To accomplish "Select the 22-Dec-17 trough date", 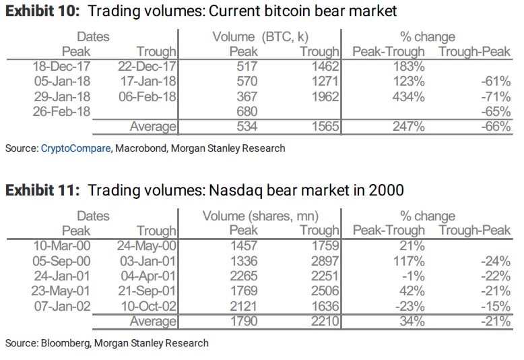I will pos(147,67).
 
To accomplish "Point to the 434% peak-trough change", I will pos(410,96).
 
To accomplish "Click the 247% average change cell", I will pos(410,125).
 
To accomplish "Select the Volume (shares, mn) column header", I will pos(261,216).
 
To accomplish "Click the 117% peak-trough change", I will pos(410,261).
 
